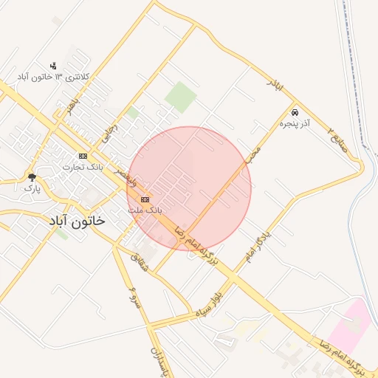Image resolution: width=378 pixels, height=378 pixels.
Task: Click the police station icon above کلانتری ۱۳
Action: pyautogui.click(x=52, y=66)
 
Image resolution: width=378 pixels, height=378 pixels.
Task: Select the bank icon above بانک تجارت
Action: pyautogui.click(x=83, y=156)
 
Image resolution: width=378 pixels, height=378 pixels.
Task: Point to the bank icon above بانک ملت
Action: pyautogui.click(x=145, y=199)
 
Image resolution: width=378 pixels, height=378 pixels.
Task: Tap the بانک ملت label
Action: pyautogui.click(x=145, y=210)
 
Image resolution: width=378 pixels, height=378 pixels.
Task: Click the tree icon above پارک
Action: pyautogui.click(x=32, y=176)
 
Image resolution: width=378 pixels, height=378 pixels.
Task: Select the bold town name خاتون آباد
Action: pyautogui.click(x=77, y=221)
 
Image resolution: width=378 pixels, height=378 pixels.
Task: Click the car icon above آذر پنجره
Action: pyautogui.click(x=295, y=113)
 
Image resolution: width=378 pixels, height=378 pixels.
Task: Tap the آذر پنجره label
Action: pyautogui.click(x=295, y=125)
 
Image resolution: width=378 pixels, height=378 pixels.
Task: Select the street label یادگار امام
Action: pyautogui.click(x=258, y=244)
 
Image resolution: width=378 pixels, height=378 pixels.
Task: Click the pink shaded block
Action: pyautogui.click(x=347, y=325)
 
